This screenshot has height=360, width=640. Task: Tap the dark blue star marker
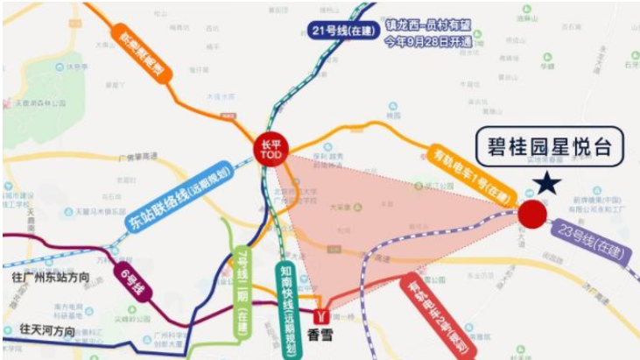548,182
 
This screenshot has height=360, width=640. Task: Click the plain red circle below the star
532,213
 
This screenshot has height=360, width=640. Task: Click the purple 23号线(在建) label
586,242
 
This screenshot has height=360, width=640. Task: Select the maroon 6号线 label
133,283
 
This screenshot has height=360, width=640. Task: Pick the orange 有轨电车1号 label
470,172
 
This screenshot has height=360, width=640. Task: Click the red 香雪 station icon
324,313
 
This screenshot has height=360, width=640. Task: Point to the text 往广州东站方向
53,278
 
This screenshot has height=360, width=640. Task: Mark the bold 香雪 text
323,334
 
